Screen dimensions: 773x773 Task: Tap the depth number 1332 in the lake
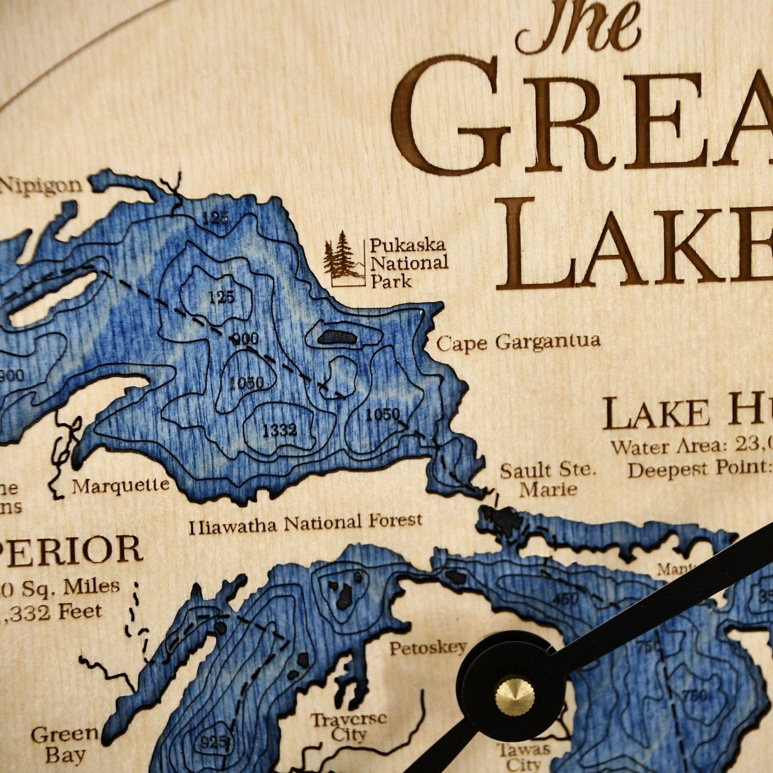click(x=280, y=430)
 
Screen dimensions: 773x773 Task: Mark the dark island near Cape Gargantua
click(x=337, y=337)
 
